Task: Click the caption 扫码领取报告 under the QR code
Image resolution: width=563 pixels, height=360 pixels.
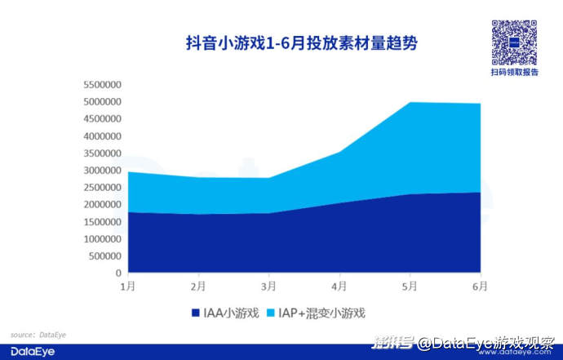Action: (514, 72)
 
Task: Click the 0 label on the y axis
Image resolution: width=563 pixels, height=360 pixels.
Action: (118, 273)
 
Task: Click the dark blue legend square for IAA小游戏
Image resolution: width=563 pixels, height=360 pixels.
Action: (195, 313)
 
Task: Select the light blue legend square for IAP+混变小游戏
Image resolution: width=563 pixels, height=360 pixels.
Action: (270, 313)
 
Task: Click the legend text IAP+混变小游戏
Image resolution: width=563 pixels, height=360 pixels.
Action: (322, 313)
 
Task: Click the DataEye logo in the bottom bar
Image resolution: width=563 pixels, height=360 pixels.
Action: (29, 350)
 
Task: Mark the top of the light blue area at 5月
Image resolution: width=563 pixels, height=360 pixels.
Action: (410, 103)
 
